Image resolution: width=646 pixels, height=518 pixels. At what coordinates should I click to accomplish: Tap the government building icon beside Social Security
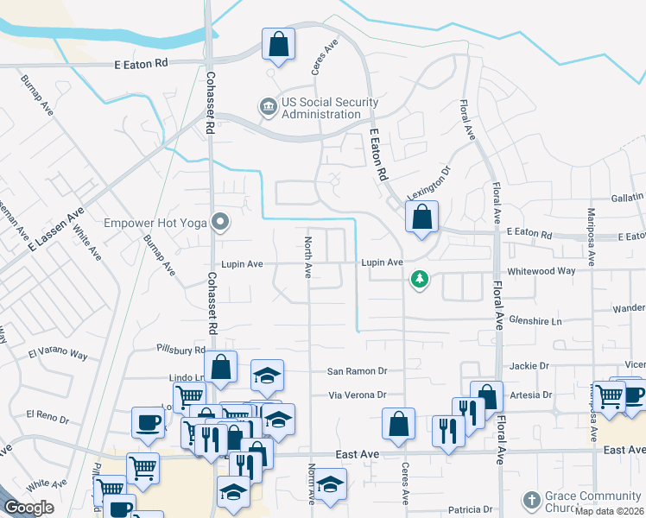(267, 107)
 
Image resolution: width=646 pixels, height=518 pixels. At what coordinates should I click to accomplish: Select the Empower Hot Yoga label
(155, 223)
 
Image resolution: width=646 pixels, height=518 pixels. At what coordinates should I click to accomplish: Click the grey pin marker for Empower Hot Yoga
(220, 223)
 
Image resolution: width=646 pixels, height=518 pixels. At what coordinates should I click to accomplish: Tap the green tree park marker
(420, 280)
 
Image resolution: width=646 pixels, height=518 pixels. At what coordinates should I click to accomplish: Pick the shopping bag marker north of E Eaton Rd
(278, 45)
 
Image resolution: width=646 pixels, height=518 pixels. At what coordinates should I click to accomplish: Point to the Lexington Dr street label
(430, 184)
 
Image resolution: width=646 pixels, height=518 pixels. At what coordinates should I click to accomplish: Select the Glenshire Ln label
(534, 320)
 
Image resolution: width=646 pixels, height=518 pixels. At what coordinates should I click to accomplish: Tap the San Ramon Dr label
(357, 371)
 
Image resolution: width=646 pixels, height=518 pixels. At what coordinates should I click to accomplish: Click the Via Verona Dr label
(357, 395)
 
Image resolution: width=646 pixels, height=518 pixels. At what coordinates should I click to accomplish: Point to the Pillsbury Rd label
(180, 350)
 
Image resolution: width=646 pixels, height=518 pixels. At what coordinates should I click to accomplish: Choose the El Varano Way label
(58, 354)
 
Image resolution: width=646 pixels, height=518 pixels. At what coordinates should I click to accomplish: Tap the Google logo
(28, 507)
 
